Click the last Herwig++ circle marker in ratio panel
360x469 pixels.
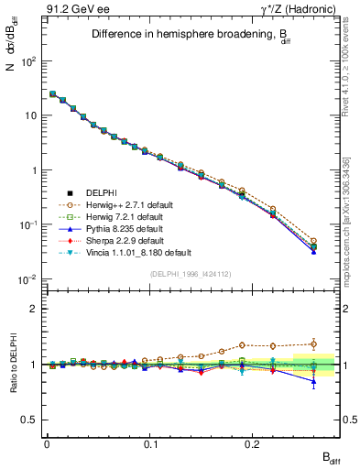click(x=313, y=344)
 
